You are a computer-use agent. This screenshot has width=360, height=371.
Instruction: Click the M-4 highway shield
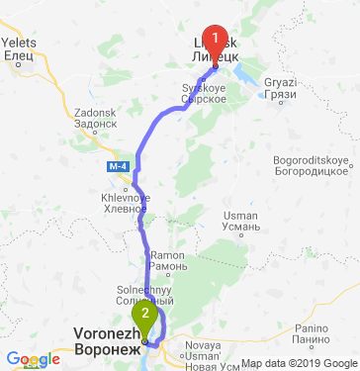tap(118, 165)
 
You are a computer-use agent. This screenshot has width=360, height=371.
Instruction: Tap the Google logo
tap(33, 359)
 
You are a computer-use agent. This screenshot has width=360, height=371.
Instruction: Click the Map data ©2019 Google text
tap(300, 363)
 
